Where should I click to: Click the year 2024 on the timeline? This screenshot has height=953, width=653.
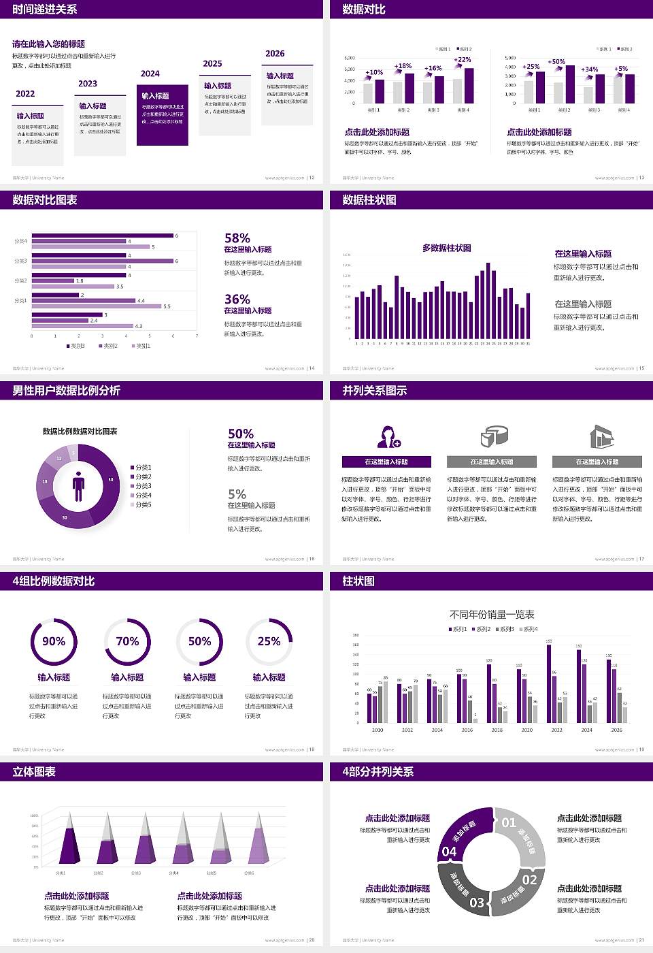coord(150,74)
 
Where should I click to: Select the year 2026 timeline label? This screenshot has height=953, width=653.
coord(275,54)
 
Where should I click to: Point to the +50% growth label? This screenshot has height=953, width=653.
coord(556,62)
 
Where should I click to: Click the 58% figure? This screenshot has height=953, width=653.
coord(237,238)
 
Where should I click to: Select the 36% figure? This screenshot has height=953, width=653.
coord(237,300)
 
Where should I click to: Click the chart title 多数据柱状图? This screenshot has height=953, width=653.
coord(446,248)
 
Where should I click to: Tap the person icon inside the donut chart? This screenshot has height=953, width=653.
coord(78,486)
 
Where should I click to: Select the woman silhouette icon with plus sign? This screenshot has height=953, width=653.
coord(388,436)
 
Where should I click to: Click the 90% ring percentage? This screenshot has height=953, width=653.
coord(54,641)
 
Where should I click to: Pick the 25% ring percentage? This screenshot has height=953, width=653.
coord(269,641)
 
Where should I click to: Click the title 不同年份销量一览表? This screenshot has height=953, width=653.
coord(492,615)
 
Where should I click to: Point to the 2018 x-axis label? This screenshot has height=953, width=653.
coord(497,730)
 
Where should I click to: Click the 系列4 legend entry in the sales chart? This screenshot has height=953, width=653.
coord(529,629)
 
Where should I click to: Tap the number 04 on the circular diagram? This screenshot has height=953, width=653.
coord(450,852)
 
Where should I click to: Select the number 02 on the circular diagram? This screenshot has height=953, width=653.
coord(529,879)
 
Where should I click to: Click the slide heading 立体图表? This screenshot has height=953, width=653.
coord(34,772)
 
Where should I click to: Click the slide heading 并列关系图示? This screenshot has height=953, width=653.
coord(375,391)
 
